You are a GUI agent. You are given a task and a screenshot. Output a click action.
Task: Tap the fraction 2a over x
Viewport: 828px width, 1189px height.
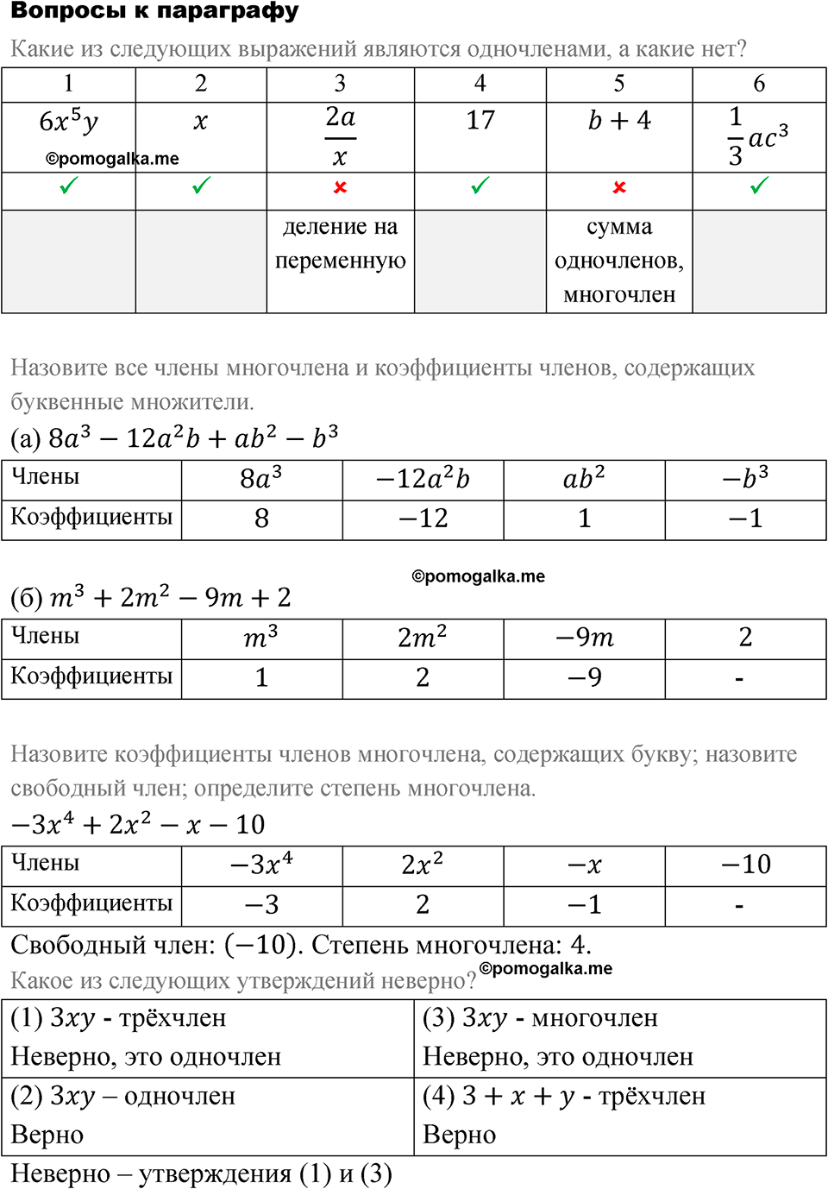340,136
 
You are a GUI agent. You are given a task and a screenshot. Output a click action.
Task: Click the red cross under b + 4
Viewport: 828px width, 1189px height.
619,187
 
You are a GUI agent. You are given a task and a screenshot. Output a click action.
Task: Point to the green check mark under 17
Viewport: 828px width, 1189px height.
480,186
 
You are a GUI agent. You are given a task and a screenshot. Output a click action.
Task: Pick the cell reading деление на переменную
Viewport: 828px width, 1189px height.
340,244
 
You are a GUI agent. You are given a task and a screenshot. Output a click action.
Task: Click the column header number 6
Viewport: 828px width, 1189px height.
759,84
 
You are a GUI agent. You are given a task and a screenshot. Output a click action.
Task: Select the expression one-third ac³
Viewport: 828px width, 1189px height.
757,136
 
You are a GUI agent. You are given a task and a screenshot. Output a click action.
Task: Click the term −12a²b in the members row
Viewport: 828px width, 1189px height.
423,479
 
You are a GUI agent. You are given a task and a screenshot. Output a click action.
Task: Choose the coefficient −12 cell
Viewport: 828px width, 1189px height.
423,519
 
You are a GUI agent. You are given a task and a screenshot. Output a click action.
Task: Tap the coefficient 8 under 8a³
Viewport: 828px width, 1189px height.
261,519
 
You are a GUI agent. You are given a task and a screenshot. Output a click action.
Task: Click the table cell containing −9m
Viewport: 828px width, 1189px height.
584,638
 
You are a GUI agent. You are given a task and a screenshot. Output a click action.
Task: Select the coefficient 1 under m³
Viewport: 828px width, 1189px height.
261,677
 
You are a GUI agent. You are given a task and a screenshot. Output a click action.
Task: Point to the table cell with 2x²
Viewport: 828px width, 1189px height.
423,865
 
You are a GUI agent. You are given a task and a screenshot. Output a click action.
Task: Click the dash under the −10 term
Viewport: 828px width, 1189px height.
739,906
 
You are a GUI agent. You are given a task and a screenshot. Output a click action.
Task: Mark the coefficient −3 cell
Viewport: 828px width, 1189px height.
261,904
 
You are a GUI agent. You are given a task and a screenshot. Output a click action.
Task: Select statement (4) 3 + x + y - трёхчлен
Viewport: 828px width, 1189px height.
564,1097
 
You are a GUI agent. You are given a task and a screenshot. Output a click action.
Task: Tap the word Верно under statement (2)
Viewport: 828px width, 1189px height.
47,1136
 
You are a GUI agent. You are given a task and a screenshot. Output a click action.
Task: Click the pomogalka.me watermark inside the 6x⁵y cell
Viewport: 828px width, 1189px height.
112,159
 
